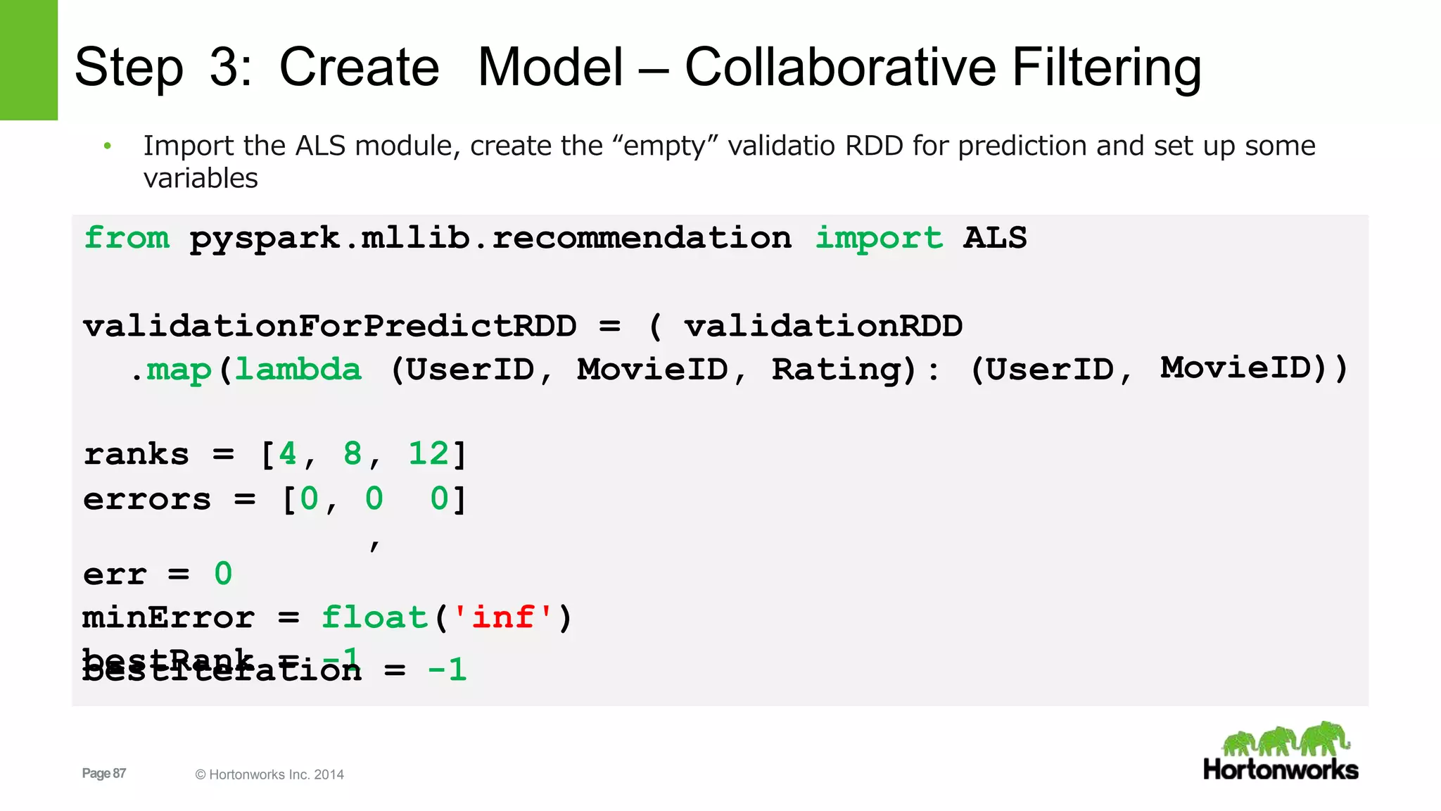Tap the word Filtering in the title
pyautogui.click(x=1106, y=68)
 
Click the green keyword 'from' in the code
pyautogui.click(x=127, y=238)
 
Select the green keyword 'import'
pyautogui.click(x=878, y=238)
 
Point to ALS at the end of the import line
pyautogui.click(x=995, y=238)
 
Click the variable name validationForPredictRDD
pyautogui.click(x=329, y=326)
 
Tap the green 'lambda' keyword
pyautogui.click(x=298, y=369)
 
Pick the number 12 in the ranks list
pyautogui.click(x=429, y=454)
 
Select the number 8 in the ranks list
pyautogui.click(x=353, y=454)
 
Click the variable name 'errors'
pyautogui.click(x=146, y=499)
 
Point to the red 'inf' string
pyautogui.click(x=502, y=617)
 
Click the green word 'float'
pyautogui.click(x=374, y=617)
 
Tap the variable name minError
pyautogui.click(x=168, y=617)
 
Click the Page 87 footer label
pyautogui.click(x=104, y=773)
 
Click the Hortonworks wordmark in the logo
pyautogui.click(x=1281, y=769)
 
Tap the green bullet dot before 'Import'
pyautogui.click(x=108, y=146)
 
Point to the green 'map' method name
pyautogui.click(x=179, y=369)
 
